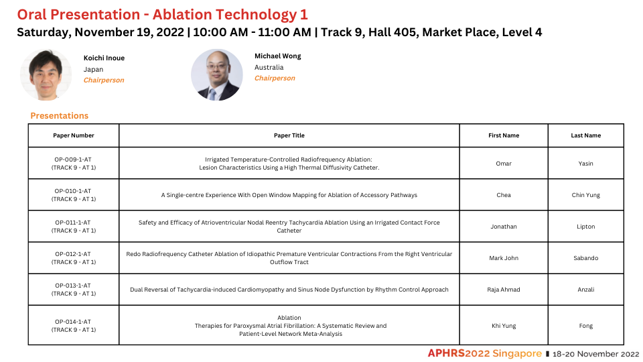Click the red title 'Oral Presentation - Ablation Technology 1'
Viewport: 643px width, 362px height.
[162, 15]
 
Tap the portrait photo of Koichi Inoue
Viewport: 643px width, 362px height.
[46, 74]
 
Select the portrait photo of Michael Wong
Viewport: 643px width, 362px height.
[217, 74]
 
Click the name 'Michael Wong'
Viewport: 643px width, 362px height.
[277, 56]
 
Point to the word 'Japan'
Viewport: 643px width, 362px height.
[94, 70]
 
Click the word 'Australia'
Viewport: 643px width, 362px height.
[269, 67]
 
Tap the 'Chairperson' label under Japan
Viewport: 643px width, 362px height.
[104, 80]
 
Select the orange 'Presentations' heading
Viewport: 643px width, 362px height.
[60, 116]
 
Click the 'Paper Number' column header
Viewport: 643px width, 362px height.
[74, 135]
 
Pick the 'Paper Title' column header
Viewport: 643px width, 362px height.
[289, 135]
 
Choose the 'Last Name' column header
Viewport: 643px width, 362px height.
[585, 135]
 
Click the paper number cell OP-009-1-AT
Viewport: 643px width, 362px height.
[74, 164]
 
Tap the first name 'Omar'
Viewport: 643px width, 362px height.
[504, 164]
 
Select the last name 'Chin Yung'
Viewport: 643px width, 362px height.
[585, 195]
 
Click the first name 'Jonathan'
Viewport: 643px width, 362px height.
[504, 227]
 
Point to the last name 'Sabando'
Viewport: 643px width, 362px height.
[585, 258]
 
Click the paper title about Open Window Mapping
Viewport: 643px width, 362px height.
[289, 195]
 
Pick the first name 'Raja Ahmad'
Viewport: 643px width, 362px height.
[504, 290]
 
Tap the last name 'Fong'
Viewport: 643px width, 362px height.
[585, 326]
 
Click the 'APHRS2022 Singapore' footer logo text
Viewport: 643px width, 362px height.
[485, 353]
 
